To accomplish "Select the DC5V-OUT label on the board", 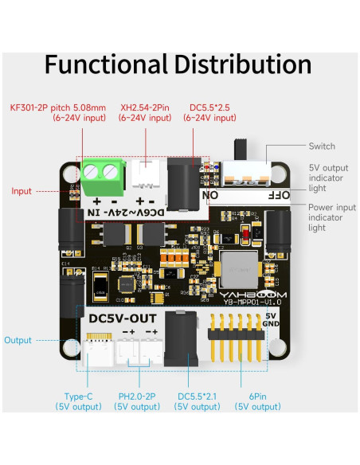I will click(123, 318).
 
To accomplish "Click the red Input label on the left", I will click(22, 191).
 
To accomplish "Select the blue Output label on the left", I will click(18, 340).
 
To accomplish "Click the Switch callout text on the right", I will click(322, 147).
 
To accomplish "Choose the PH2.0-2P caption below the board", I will click(137, 396).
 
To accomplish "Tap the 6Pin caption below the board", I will click(256, 396).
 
